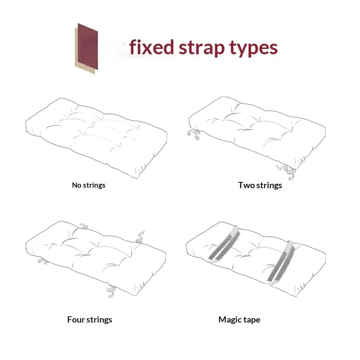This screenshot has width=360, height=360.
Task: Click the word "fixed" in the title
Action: tap(152, 47)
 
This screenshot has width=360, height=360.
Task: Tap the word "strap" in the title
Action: tap(201, 48)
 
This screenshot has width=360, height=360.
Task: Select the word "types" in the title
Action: tap(253, 48)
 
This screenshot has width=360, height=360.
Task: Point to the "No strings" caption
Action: tap(89, 185)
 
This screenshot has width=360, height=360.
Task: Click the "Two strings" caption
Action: tap(260, 185)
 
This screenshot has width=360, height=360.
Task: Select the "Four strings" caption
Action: tap(90, 320)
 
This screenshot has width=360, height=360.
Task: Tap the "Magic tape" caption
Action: tap(239, 320)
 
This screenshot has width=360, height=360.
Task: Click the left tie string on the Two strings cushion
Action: tap(193, 134)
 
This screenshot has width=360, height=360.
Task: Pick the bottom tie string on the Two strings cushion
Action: tap(287, 171)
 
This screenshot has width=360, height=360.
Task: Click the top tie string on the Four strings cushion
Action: tap(84, 226)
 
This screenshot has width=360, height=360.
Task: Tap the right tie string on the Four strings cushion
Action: tap(140, 237)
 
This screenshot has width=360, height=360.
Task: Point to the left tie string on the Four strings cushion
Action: tap(43, 261)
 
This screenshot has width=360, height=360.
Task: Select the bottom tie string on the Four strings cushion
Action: tap(111, 291)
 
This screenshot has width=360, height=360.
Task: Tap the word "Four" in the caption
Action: tap(76, 320)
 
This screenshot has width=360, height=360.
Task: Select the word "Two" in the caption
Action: tap(246, 185)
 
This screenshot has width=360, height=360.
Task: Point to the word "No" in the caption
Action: tap(76, 185)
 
